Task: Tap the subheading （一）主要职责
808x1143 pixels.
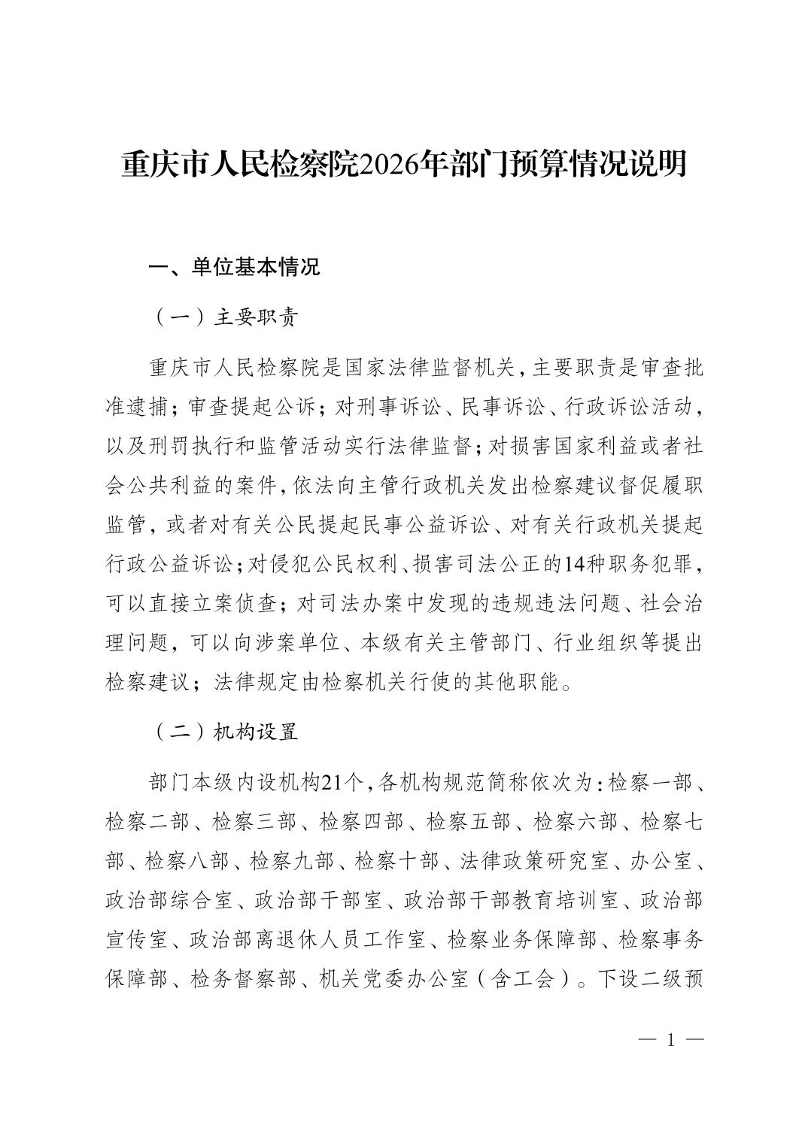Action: (x=225, y=317)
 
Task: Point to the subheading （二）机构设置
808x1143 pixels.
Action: (x=225, y=732)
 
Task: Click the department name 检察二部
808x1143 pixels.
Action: (x=147, y=822)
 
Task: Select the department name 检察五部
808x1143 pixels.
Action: (x=468, y=822)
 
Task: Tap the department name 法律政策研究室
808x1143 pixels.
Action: (x=536, y=861)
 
